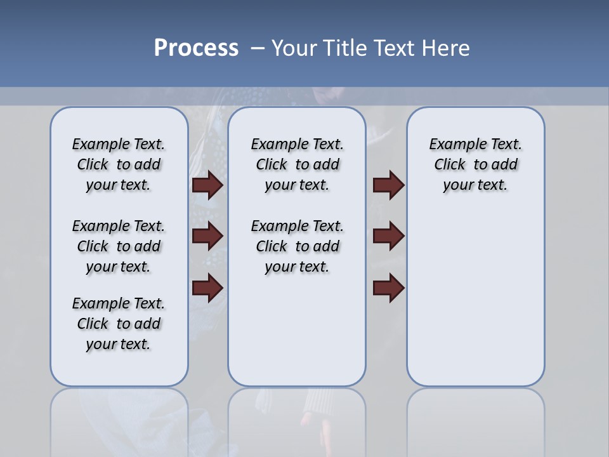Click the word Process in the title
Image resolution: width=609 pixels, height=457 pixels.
pos(196,48)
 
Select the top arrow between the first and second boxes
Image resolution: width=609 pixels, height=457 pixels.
pos(207,185)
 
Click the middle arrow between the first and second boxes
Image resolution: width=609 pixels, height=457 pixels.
pos(207,237)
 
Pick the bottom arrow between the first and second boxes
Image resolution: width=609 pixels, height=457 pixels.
pos(207,288)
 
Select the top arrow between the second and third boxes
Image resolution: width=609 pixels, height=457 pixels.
pos(388,185)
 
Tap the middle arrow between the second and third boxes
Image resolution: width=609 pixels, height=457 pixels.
pos(388,237)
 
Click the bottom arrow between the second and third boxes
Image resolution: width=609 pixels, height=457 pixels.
pos(388,288)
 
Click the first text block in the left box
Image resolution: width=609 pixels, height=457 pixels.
pos(119,164)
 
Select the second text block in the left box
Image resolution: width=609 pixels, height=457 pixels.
pos(119,246)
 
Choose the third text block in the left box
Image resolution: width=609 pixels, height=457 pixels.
pos(119,324)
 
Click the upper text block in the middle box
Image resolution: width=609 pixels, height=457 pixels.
pos(297,164)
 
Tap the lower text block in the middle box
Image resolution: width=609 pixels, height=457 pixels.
pos(297,246)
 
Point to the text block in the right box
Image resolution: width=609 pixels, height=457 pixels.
pos(475,164)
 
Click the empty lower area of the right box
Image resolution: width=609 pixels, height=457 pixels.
pos(475,305)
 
